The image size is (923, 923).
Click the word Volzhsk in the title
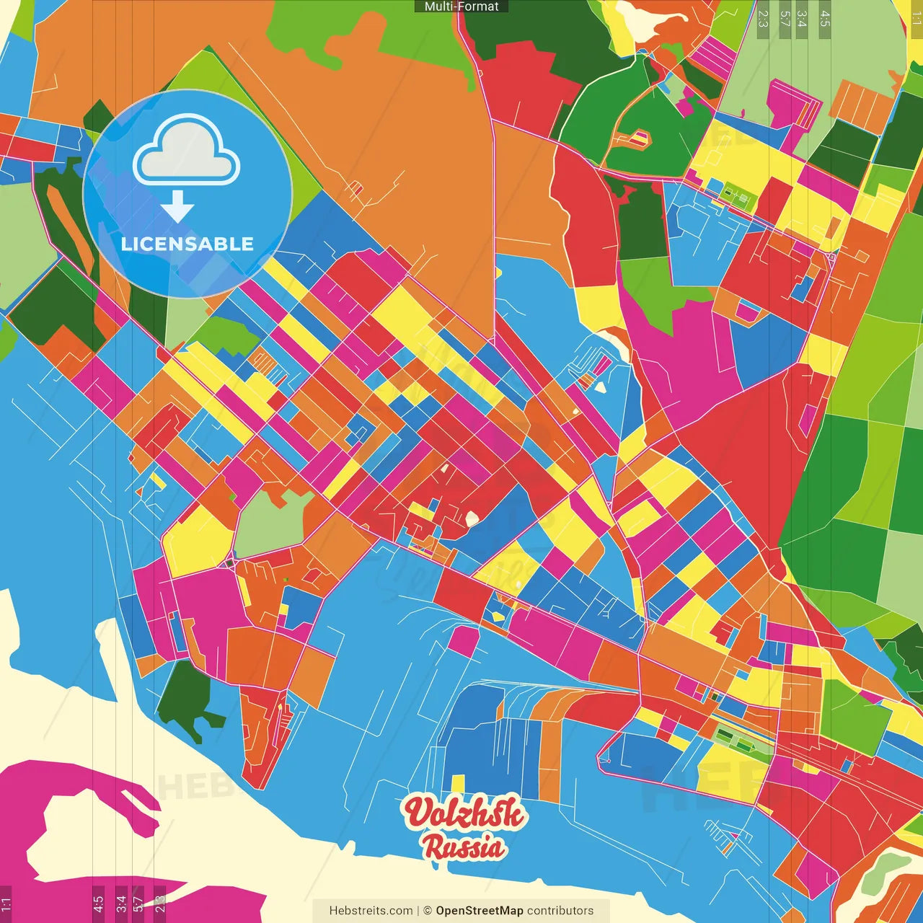463,813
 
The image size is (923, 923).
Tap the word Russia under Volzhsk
464,847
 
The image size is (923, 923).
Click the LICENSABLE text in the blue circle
187,244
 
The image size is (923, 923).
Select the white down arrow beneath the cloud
177,208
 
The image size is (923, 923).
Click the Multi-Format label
461,6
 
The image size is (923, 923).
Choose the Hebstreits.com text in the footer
371,911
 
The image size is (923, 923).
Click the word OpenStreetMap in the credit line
479,911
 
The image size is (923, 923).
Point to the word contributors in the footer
560,911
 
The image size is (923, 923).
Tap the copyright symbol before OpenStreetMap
428,911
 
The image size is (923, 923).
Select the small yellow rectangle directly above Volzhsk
457,784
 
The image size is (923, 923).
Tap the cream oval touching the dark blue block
472,518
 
